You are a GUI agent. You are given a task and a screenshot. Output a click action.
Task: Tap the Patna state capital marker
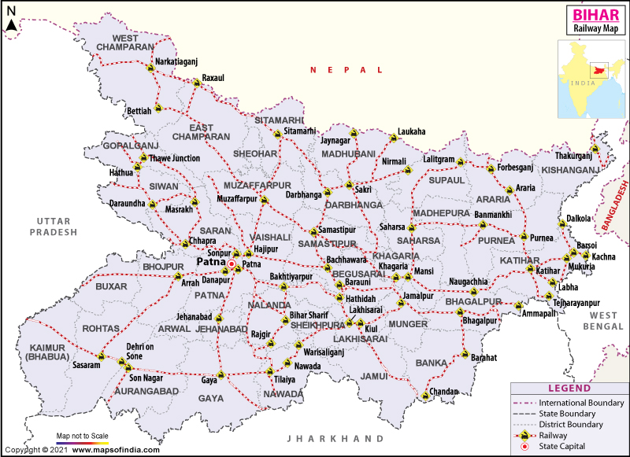pyautogui.click(x=232, y=265)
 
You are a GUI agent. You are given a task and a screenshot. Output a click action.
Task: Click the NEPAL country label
pyautogui.click(x=339, y=70)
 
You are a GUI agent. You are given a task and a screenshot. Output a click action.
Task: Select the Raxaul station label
pyautogui.click(x=213, y=79)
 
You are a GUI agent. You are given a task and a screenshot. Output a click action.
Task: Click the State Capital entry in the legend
pyautogui.click(x=565, y=445)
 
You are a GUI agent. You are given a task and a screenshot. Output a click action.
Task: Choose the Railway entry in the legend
pyautogui.click(x=554, y=434)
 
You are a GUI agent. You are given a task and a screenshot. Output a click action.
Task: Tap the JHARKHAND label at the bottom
pyautogui.click(x=335, y=438)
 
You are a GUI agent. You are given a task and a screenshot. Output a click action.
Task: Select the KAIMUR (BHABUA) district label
pyautogui.click(x=48, y=352)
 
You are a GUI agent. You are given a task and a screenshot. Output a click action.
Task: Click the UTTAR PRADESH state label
pyautogui.click(x=54, y=227)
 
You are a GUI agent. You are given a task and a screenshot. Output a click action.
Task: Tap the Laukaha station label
pyautogui.click(x=411, y=131)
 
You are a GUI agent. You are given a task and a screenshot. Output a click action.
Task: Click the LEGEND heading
pyautogui.click(x=568, y=389)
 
